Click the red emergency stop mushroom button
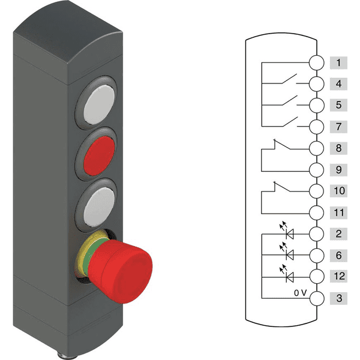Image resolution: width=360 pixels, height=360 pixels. click(120, 271)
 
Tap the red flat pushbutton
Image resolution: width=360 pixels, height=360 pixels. click(99, 156)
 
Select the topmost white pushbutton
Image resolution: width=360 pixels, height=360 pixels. click(99, 105)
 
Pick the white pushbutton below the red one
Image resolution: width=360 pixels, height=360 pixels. click(99, 207)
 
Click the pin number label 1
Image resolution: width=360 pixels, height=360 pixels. click(338, 62)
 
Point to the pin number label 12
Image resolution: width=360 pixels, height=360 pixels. click(338, 276)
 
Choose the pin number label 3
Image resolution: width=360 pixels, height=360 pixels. click(338, 298)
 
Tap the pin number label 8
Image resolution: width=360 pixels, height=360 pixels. click(338, 148)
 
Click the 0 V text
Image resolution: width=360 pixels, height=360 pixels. click(301, 293)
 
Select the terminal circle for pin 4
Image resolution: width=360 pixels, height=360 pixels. click(317, 84)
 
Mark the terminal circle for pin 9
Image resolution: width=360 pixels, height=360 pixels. click(317, 170)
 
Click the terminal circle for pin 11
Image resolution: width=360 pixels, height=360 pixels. click(317, 213)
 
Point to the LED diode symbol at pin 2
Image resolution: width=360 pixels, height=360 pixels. click(287, 230)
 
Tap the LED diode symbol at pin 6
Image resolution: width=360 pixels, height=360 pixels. click(287, 251)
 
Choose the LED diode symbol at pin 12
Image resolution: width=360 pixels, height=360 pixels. click(287, 273)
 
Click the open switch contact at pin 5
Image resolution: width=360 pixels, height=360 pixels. click(290, 101)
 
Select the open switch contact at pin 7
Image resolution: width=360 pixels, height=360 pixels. click(290, 122)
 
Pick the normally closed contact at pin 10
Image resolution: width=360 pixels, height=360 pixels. click(282, 187)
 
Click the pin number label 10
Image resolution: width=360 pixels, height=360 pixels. click(338, 191)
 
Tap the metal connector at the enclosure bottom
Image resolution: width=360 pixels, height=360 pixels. click(67, 356)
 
